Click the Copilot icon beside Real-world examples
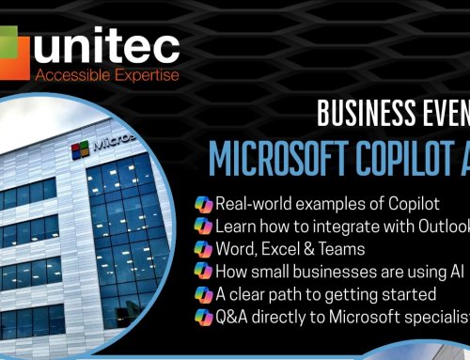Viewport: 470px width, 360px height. [203, 205]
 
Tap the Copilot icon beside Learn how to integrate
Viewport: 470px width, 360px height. [203, 227]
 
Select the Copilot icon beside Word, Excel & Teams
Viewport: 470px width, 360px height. [203, 249]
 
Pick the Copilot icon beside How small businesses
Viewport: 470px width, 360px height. [203, 272]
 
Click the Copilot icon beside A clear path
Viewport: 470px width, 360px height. [203, 294]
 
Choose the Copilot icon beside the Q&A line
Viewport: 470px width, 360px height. [203, 317]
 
